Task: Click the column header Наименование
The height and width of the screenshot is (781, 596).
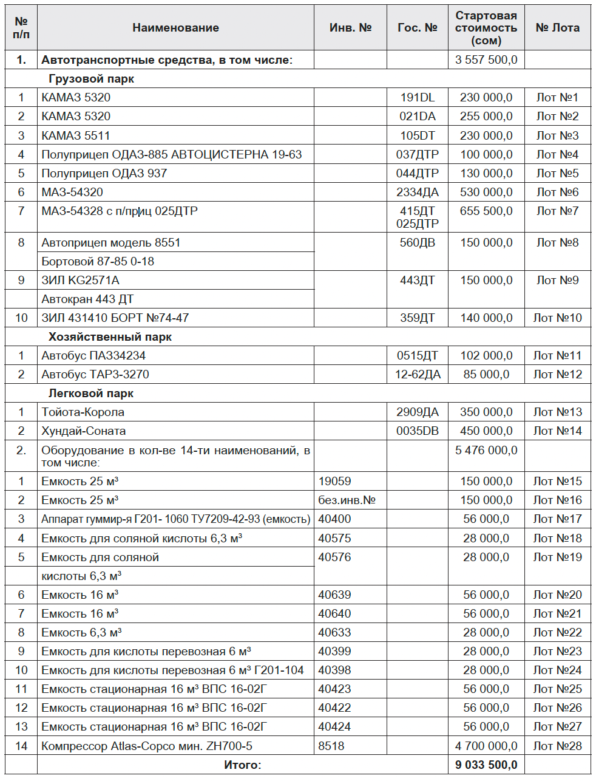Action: tap(175, 28)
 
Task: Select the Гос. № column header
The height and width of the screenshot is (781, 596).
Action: tap(417, 28)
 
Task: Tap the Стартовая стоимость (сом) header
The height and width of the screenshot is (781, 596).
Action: tap(486, 28)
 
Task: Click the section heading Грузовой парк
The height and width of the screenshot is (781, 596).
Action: tap(91, 79)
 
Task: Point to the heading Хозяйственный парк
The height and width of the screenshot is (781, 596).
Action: tap(110, 337)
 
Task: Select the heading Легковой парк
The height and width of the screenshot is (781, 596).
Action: tap(91, 394)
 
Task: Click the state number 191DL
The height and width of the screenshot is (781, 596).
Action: tap(417, 98)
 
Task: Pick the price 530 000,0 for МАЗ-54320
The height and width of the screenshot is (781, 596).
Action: tap(486, 193)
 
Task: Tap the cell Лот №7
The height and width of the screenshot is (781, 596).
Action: tap(557, 211)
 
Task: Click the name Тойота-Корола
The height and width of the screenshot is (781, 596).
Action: tap(83, 412)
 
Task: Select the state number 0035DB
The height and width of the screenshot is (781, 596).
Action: tap(417, 431)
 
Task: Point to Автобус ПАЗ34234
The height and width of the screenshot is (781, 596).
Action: tap(93, 356)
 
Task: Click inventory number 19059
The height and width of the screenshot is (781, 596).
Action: tap(334, 482)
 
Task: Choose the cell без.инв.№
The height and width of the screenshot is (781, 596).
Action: tap(347, 500)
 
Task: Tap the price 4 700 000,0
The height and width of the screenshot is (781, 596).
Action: tap(486, 746)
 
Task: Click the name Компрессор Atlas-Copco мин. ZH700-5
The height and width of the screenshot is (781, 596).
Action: tap(147, 746)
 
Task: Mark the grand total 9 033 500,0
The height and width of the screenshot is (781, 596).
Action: tap(486, 765)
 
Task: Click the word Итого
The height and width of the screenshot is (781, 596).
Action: tap(242, 765)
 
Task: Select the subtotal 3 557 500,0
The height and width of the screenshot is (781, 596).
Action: tap(486, 60)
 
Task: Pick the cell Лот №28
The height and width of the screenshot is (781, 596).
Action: tap(557, 746)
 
